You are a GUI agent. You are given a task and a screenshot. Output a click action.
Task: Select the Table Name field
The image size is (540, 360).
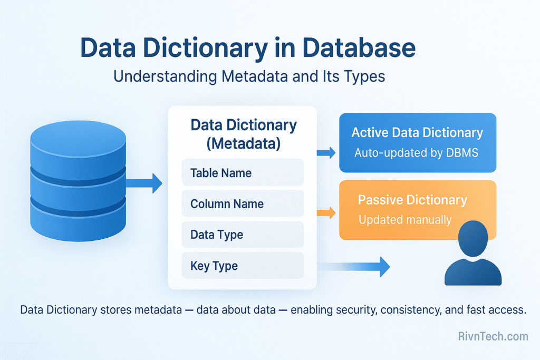point(243,173)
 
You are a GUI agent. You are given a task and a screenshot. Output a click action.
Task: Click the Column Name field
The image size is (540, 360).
point(243,204)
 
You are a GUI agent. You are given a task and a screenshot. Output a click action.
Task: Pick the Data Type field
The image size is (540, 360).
point(243,235)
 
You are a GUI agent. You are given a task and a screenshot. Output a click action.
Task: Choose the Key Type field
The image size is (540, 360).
point(243,266)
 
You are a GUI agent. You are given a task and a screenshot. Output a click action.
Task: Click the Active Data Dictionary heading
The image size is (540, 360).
point(417,132)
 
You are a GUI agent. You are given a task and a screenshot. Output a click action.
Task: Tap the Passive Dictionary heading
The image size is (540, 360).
point(412,200)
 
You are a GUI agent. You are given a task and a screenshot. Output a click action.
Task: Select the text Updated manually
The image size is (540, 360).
point(405,220)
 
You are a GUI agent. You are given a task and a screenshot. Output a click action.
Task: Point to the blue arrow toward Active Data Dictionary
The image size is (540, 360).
point(326,153)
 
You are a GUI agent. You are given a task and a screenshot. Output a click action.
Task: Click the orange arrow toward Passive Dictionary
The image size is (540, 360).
point(326,213)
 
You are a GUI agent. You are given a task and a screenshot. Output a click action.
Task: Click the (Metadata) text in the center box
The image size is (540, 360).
point(243,142)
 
